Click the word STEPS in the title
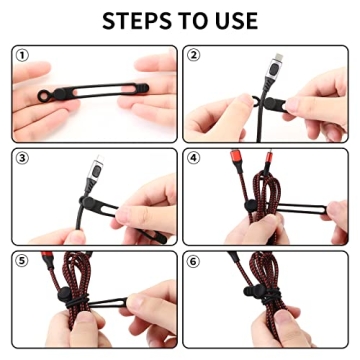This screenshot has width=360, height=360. [135, 20]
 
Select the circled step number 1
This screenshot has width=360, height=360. [22, 56]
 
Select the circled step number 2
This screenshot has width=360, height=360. [194, 56]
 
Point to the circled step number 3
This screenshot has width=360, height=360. [22, 157]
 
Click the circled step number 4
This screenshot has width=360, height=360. [194, 157]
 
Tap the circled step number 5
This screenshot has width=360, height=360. [22, 258]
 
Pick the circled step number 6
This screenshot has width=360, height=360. [194, 258]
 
